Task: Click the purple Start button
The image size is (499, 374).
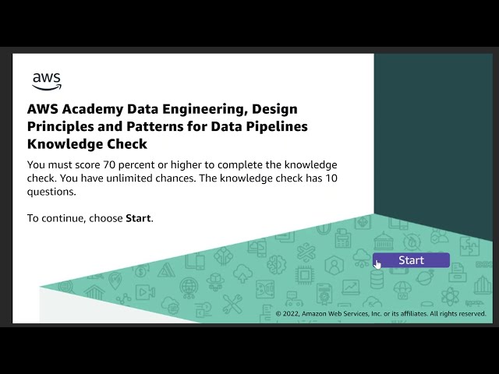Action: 411,260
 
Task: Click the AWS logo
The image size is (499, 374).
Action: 46,80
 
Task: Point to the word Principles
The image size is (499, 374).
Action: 59,126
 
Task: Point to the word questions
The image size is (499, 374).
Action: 51,192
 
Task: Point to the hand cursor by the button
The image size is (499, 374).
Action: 377,264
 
